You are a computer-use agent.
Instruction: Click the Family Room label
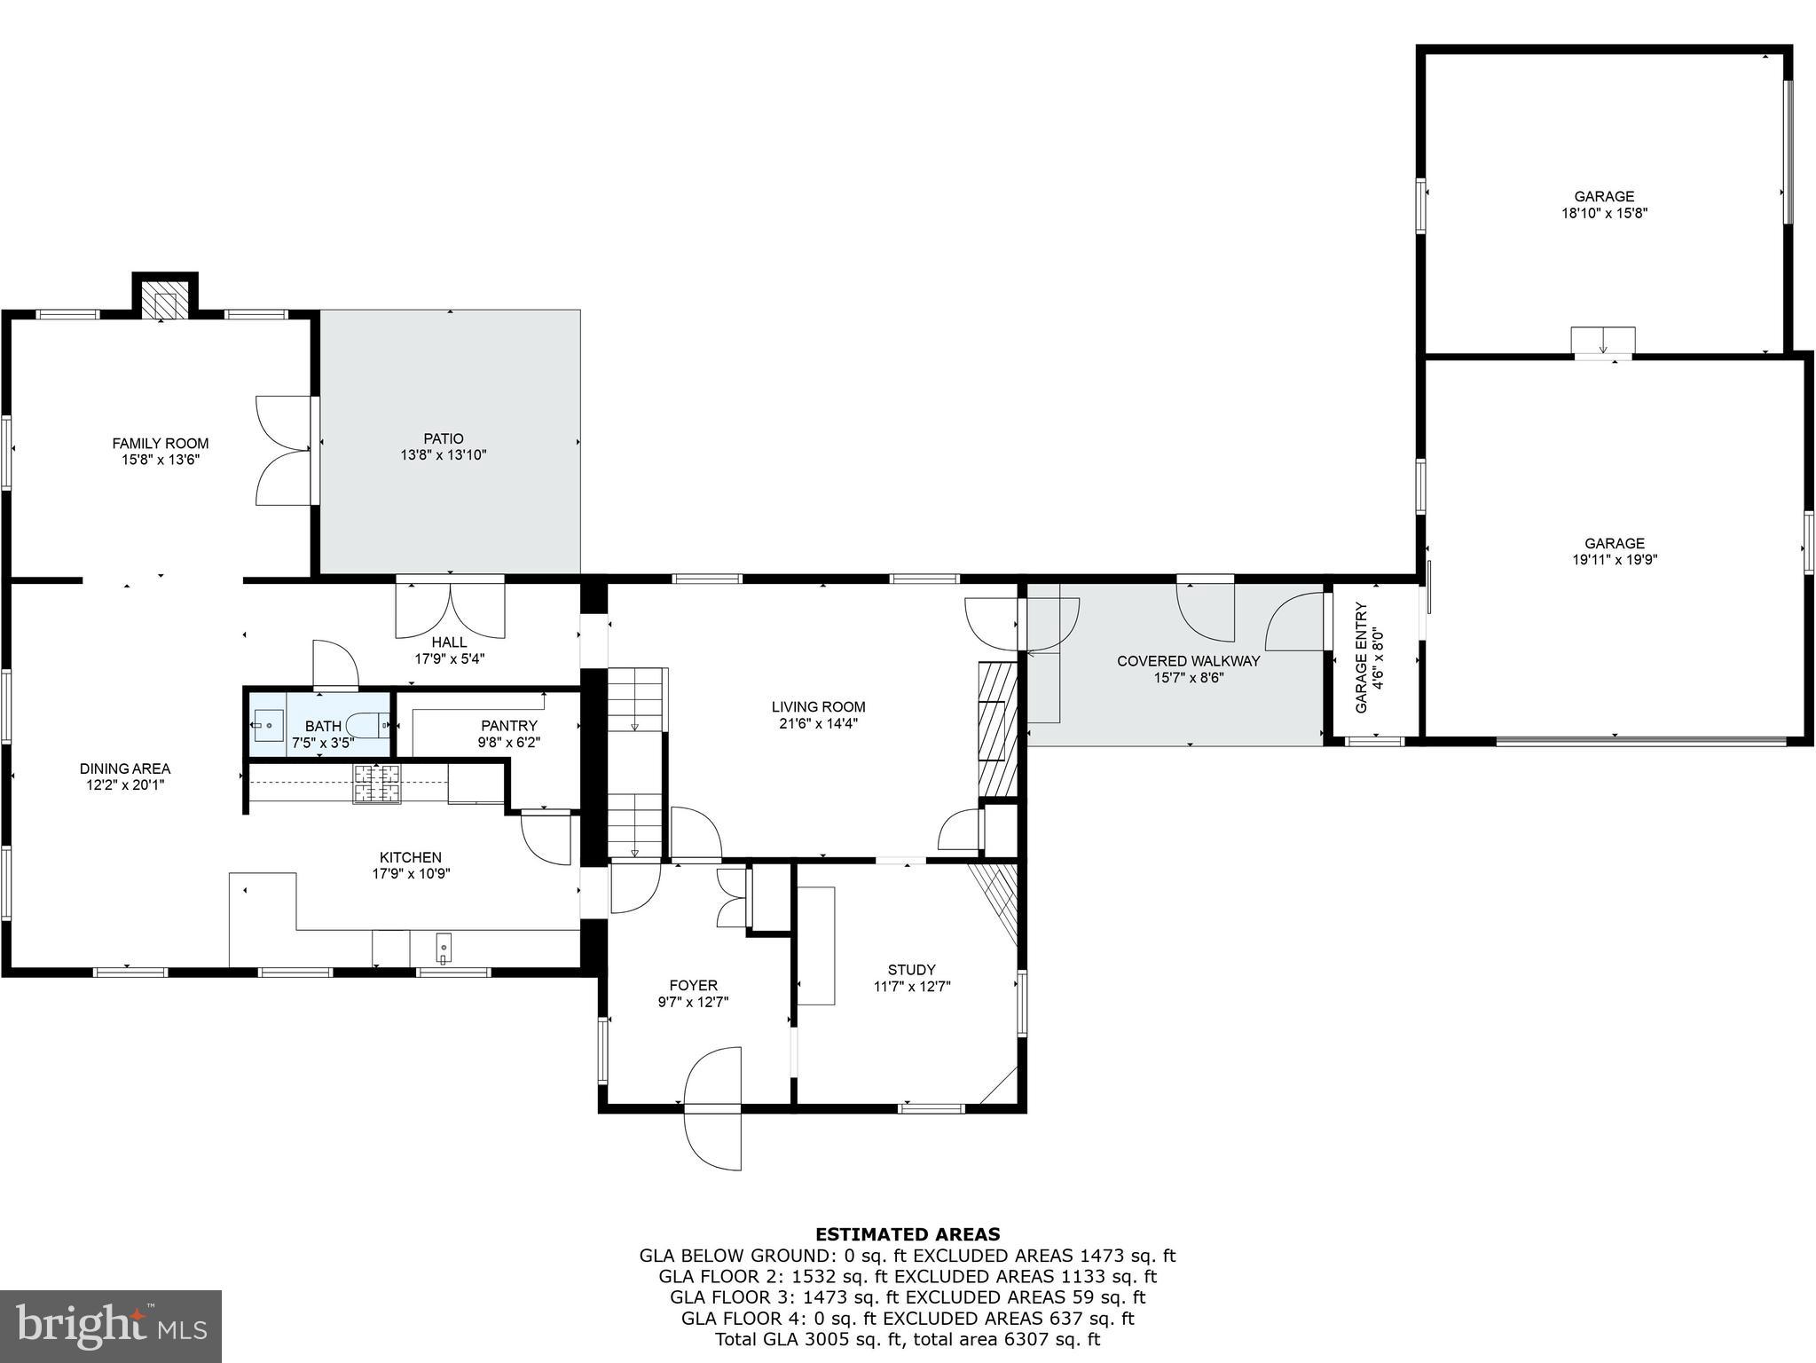160,444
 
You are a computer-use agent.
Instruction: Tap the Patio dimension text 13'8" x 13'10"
443,455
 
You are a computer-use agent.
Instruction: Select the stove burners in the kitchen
377,784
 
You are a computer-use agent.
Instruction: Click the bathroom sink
267,725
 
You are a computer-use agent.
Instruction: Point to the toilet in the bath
368,725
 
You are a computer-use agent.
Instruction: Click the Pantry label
508,726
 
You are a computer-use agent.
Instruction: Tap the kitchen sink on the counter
443,949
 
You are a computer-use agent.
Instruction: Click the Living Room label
818,707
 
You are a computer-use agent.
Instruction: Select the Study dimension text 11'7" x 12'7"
911,986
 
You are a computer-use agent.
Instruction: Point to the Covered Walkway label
1187,661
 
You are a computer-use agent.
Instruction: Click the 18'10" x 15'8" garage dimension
1604,213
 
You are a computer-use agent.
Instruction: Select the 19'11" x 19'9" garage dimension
1614,560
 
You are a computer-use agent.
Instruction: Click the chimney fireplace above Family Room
165,302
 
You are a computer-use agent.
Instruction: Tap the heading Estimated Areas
908,1234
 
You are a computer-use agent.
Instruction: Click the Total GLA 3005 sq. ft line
908,1339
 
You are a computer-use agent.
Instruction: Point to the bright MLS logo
111,1326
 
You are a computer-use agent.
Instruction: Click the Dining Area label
124,768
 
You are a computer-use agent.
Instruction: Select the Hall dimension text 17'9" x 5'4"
449,659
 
